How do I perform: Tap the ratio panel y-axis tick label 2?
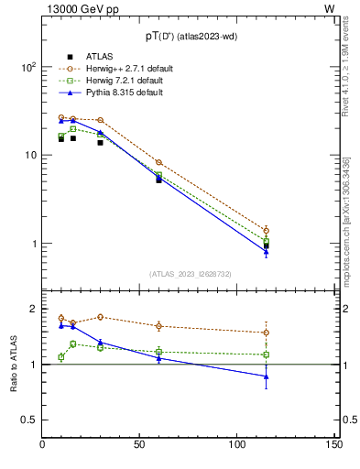[x=32, y=309]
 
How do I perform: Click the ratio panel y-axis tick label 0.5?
[x=28, y=420]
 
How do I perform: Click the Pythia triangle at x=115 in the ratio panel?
[x=266, y=376]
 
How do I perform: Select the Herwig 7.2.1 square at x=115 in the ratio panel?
[x=266, y=354]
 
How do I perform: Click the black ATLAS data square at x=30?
[x=101, y=142]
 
